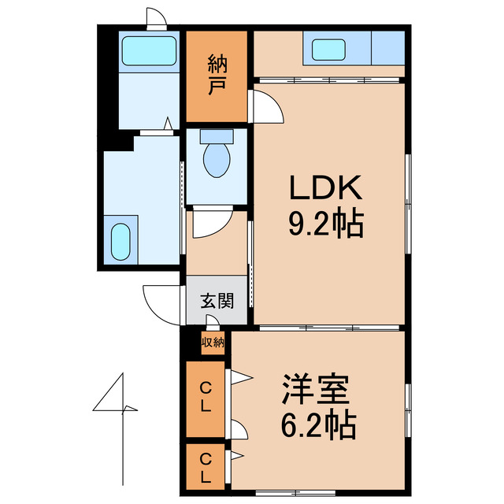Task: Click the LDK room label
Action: click(326, 189)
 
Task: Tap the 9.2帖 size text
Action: click(326, 226)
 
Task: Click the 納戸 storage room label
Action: click(217, 76)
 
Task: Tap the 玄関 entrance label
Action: click(216, 300)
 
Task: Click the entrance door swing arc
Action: click(163, 301)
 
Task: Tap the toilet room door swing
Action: click(210, 223)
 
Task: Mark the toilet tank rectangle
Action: click(217, 135)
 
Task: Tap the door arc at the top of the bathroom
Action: click(155, 18)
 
